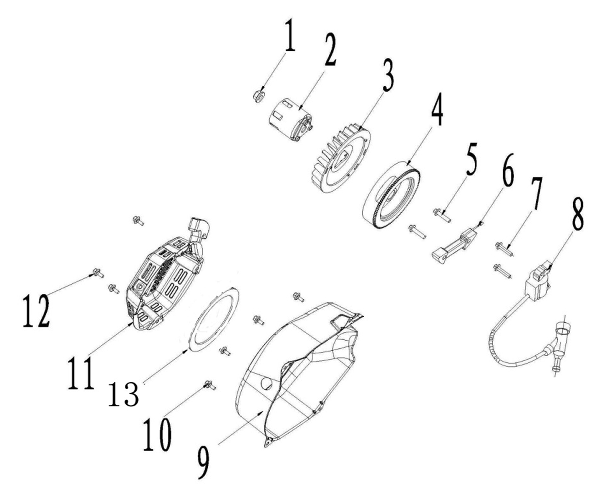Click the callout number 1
point(290,35)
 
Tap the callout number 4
point(436,109)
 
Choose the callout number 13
point(124,394)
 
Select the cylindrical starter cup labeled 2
point(290,120)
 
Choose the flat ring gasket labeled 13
point(214,320)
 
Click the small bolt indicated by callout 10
point(210,386)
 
